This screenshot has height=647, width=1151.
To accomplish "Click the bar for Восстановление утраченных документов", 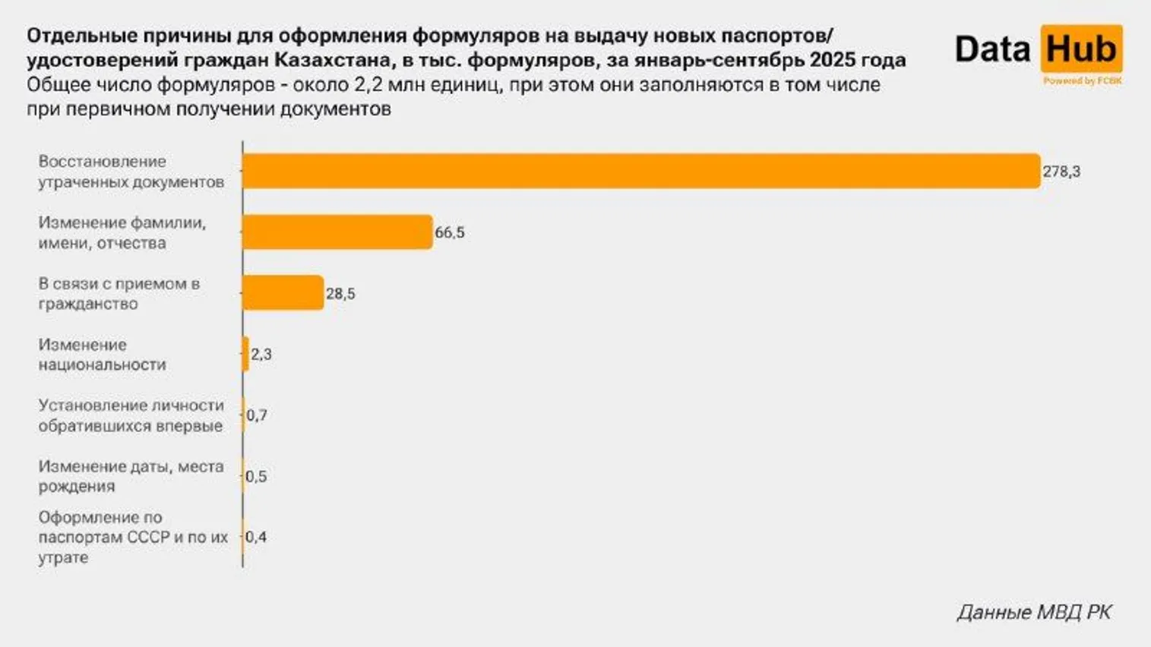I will coord(640,171).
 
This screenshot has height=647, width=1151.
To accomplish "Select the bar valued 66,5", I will coord(337,232).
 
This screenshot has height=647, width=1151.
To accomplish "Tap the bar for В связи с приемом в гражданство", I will coord(283,293).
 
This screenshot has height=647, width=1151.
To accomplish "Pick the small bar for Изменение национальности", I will coord(245,354).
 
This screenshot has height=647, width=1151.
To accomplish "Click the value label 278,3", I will coord(1061,172).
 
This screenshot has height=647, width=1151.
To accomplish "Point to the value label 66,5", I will coord(450,233).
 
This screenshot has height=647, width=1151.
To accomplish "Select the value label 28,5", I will coord(340,294).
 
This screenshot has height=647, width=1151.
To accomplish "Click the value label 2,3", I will coord(261,355).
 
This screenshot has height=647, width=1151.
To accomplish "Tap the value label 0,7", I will coord(257,415).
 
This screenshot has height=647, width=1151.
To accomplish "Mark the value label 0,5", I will coord(256,477).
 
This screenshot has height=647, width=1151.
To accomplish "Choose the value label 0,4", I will coord(256,538).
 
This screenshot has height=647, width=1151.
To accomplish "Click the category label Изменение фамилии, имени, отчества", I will coord(122,233).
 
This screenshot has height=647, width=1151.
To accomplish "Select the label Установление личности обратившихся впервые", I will coord(131,415).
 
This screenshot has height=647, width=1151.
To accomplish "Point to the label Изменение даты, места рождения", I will coord(131,476).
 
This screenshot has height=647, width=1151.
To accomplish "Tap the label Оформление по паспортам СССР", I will coord(133,537).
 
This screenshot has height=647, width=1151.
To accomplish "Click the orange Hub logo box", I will coord(1081,49).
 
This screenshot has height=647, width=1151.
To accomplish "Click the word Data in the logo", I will coord(992,49).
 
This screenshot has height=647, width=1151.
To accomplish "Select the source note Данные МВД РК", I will coord(1034,612).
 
